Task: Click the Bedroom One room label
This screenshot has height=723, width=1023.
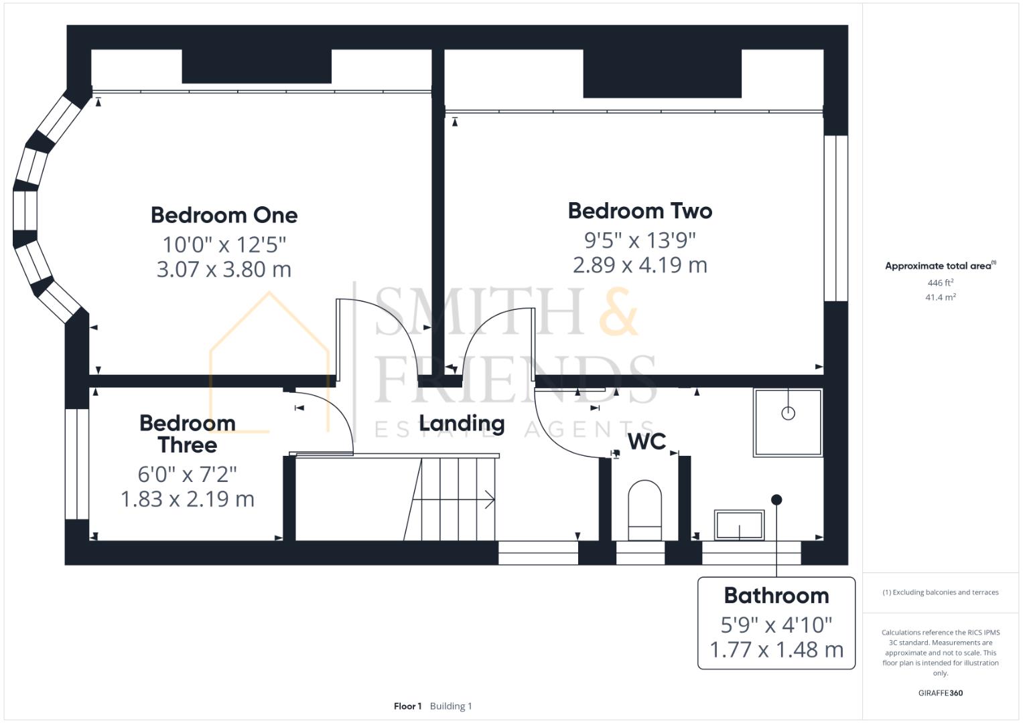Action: [x=224, y=215]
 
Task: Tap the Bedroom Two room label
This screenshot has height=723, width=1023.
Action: [x=640, y=211]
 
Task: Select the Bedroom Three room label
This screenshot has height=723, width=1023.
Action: [x=188, y=434]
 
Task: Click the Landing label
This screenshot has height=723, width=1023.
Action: [x=462, y=423]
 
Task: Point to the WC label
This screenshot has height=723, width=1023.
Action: [x=646, y=442]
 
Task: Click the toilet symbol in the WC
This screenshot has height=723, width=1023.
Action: [x=644, y=509]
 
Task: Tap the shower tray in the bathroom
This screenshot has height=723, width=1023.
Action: [x=788, y=422]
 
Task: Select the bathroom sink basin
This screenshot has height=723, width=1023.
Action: [x=739, y=525]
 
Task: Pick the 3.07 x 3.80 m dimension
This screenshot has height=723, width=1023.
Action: [x=224, y=269]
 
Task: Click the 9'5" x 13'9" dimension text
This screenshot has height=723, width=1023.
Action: [x=640, y=239]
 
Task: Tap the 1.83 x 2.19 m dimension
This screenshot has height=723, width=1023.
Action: [x=188, y=499]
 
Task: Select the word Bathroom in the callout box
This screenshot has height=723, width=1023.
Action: [x=776, y=595]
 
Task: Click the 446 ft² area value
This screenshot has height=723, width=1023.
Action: [x=940, y=283]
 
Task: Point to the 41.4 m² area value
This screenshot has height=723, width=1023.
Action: [x=940, y=297]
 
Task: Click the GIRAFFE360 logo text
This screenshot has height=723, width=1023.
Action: [x=940, y=693]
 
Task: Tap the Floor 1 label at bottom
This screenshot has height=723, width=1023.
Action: [x=407, y=706]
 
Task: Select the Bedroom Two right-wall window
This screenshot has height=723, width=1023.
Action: [x=835, y=218]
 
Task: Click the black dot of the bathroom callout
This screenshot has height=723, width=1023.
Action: [x=776, y=499]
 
